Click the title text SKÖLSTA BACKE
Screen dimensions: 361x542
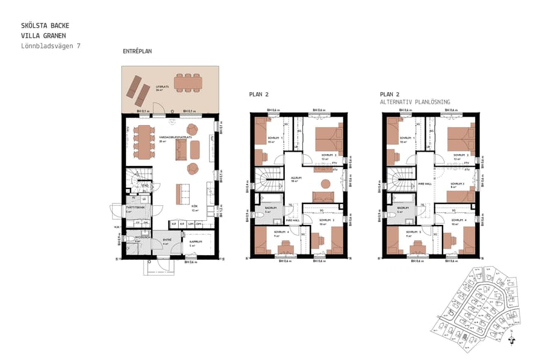[x=45, y=26]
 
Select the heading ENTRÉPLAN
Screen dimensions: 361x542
[x=137, y=52]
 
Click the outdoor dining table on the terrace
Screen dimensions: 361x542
[x=188, y=81]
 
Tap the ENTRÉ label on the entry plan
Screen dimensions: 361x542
[x=167, y=240]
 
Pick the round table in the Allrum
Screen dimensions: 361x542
[x=325, y=184]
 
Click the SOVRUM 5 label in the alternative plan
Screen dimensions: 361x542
[x=413, y=232]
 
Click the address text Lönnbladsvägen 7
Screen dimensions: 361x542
[x=51, y=46]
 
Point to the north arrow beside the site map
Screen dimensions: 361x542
[x=512, y=339]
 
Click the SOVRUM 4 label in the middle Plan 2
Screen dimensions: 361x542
[x=280, y=232]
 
